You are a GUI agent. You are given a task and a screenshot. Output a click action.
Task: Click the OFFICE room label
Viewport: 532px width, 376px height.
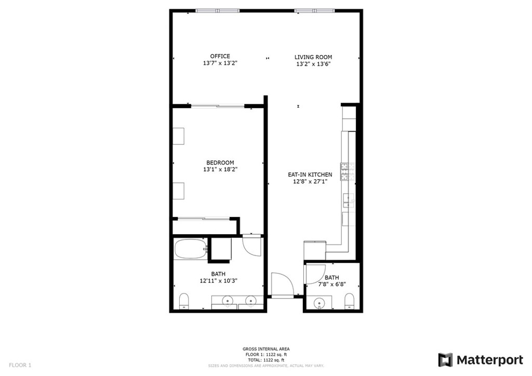pos(220,56)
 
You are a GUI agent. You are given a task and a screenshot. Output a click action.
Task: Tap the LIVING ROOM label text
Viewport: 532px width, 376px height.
pos(313,57)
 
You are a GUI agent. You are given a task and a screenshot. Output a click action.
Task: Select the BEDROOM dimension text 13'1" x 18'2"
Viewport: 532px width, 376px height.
pos(220,169)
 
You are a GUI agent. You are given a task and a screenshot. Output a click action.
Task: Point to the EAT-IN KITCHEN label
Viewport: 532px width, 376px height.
pos(310,174)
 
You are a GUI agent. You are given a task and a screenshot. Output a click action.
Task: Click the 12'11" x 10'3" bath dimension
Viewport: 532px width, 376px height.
pos(218,281)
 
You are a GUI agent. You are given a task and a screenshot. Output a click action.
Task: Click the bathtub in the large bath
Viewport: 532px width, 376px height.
pos(191,249)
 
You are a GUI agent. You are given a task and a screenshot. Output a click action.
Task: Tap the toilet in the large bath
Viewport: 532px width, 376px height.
pos(184,301)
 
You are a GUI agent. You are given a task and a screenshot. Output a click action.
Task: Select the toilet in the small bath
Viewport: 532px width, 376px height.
pos(349,301)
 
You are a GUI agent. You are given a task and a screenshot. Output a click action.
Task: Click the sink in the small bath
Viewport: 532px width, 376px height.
pos(319,302)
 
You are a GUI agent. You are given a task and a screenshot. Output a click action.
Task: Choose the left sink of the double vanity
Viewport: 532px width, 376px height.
pos(227,300)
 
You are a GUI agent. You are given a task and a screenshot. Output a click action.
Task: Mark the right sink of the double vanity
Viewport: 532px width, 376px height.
pos(250,300)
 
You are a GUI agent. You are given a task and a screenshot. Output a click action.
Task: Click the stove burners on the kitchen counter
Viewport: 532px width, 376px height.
pos(345,171)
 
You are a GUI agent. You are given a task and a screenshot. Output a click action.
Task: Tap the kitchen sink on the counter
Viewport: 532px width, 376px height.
pos(349,200)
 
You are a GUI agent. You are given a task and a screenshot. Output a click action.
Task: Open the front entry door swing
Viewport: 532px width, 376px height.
pos(282,285)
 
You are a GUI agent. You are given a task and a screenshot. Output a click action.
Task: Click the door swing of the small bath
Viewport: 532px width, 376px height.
pos(315,274)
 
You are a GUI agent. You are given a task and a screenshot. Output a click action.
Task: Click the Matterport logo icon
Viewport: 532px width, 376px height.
pos(445,360)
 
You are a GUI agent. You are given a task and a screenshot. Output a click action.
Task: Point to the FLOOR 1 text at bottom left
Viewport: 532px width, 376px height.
pos(20,365)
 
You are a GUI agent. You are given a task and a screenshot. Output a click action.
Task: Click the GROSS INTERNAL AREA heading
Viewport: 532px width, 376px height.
pos(266,349)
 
